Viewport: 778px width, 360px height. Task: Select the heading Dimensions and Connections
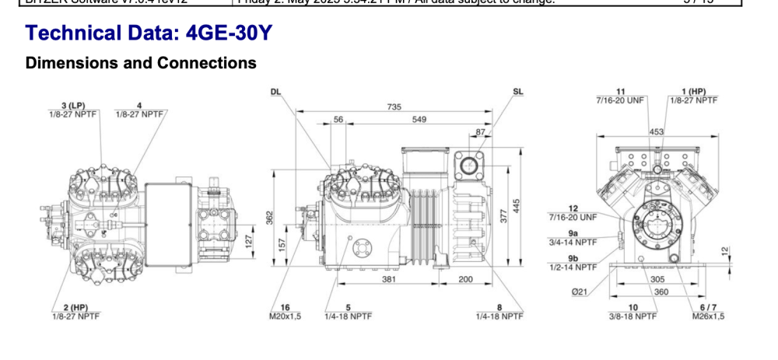(141, 63)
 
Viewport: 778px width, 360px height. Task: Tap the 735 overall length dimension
(394, 107)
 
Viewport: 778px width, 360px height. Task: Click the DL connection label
(275, 92)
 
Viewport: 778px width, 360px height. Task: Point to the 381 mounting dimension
(390, 279)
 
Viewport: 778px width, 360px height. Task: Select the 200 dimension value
(465, 279)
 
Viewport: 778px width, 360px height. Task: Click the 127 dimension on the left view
(248, 241)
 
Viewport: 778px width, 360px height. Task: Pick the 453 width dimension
(657, 132)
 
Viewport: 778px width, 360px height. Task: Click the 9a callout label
(573, 232)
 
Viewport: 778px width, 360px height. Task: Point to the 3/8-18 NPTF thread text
(633, 316)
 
